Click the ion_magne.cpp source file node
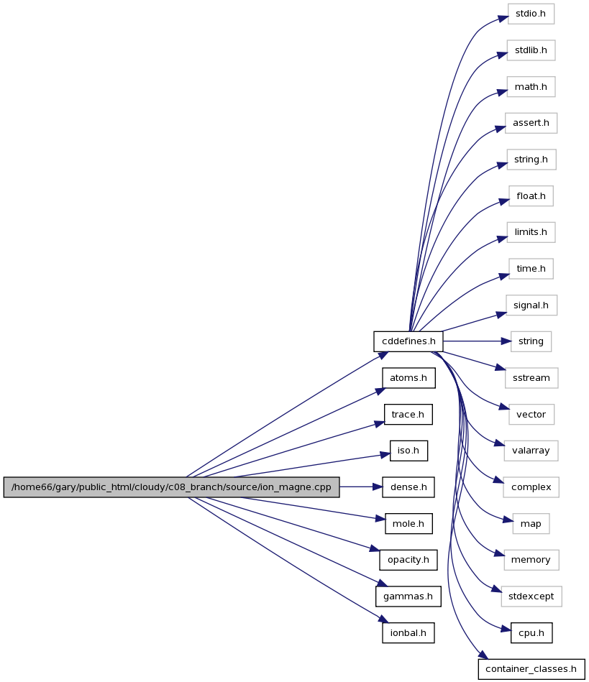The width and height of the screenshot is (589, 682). click(171, 487)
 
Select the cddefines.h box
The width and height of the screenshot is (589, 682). click(408, 341)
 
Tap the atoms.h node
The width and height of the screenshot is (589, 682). click(408, 378)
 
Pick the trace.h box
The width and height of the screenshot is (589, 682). click(408, 415)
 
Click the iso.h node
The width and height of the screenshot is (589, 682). click(408, 451)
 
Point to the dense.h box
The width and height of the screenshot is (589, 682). click(408, 487)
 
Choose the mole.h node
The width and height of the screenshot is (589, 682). click(408, 524)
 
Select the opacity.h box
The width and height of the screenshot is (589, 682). click(408, 560)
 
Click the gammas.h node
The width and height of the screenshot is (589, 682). click(408, 596)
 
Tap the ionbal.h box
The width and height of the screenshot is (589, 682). click(408, 633)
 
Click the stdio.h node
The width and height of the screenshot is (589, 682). click(531, 14)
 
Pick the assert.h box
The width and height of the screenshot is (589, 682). click(531, 123)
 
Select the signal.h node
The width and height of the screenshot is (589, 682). click(531, 305)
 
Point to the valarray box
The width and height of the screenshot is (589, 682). click(531, 451)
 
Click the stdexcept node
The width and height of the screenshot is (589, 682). click(531, 596)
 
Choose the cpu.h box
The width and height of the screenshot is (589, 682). click(531, 633)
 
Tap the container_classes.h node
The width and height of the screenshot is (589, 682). click(531, 669)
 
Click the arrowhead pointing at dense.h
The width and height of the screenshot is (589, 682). click(378, 487)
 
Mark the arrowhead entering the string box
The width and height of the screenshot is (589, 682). click(506, 341)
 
